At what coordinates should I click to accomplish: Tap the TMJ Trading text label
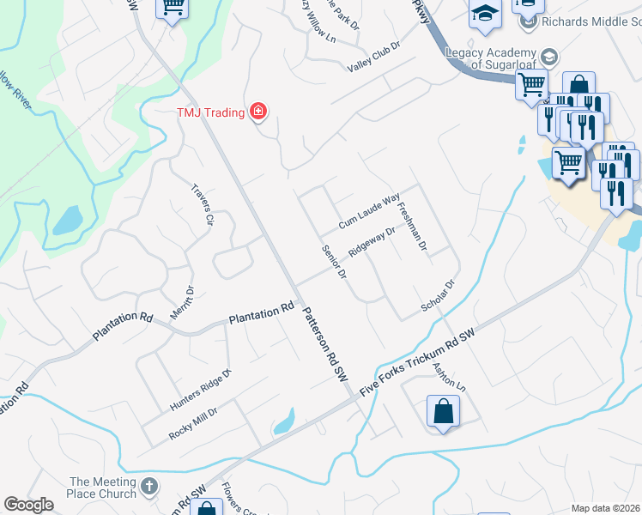tap(211, 112)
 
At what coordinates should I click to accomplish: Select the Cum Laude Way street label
tap(369, 210)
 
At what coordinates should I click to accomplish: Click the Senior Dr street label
tap(333, 263)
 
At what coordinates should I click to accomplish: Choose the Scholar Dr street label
tap(436, 296)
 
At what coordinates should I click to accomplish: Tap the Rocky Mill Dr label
tap(193, 422)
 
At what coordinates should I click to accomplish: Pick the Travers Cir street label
tap(203, 204)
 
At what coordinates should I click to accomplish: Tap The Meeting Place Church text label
tap(103, 488)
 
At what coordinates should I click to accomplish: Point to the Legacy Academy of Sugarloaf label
tap(491, 58)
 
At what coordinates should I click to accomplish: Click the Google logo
tap(28, 504)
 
